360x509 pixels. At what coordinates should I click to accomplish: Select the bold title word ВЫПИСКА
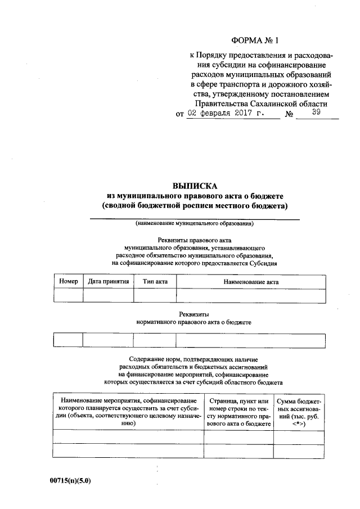[x=194, y=186]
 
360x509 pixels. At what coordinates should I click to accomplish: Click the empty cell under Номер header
[x=69, y=295]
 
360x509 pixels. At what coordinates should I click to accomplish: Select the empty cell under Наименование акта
[x=250, y=295]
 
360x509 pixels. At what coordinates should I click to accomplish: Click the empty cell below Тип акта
[x=155, y=295]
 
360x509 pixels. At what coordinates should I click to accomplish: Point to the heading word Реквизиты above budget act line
[x=194, y=314]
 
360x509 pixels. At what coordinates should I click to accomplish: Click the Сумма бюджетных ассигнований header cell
[x=299, y=412]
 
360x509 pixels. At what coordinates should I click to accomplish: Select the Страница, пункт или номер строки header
[x=238, y=412]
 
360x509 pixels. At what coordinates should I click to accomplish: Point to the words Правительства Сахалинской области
[x=260, y=104]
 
